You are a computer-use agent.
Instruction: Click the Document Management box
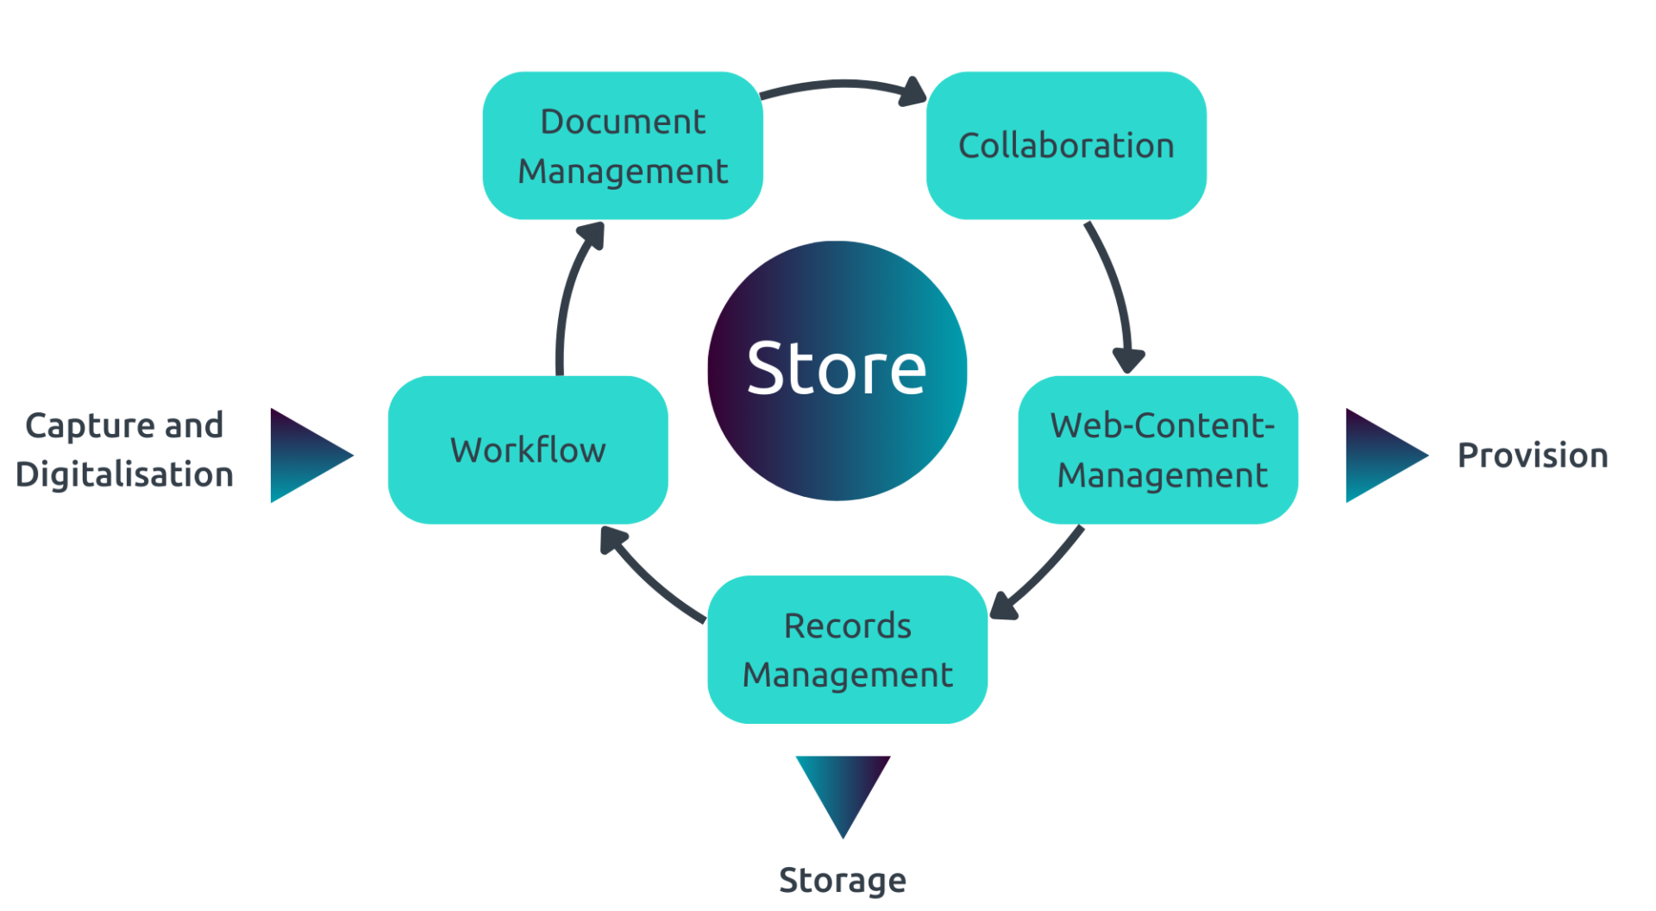pos(623,146)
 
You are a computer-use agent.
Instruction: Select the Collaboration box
pos(1066,146)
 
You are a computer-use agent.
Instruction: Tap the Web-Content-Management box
pos(1158,449)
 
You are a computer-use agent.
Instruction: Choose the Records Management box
pos(847,650)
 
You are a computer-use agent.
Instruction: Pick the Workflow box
pos(528,449)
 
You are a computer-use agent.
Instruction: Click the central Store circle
pos(837,370)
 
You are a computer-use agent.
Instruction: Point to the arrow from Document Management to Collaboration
pos(841,85)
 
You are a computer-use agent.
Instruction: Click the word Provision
pos(1533,455)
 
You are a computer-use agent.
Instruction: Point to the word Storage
pos(843,880)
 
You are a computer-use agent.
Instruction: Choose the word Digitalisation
pos(124,474)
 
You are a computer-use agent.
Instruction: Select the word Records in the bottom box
pos(847,625)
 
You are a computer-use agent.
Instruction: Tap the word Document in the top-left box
pos(623,122)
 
